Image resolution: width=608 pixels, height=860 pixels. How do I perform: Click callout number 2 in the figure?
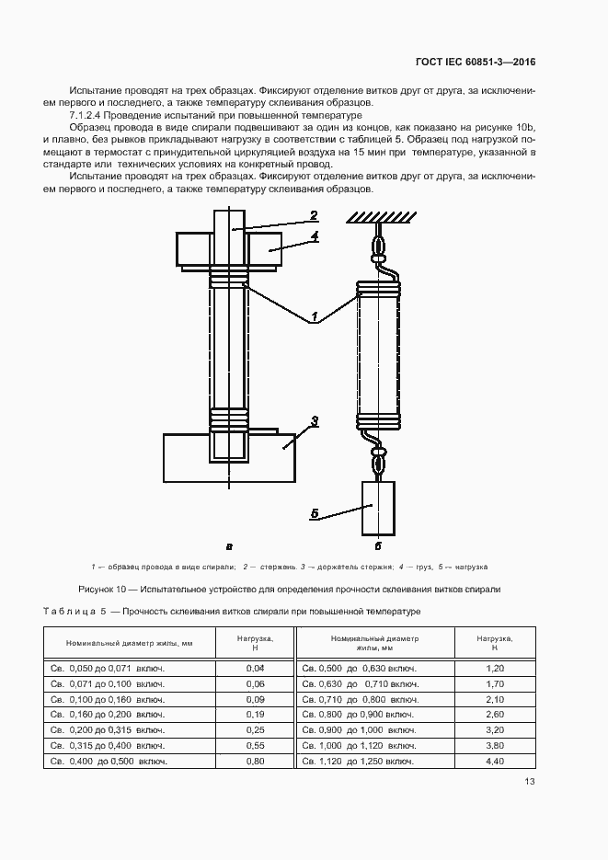coord(314,215)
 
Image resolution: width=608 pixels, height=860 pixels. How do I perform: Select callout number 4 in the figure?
coord(314,236)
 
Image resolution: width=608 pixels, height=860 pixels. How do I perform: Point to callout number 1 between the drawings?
coord(314,317)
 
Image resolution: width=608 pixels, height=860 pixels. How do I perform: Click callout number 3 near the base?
coord(314,421)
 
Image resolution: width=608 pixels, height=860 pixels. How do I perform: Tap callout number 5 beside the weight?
coord(314,514)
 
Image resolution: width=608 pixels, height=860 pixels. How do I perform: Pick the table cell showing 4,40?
coord(496,762)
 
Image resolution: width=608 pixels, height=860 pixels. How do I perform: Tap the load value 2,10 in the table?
coord(496,699)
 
